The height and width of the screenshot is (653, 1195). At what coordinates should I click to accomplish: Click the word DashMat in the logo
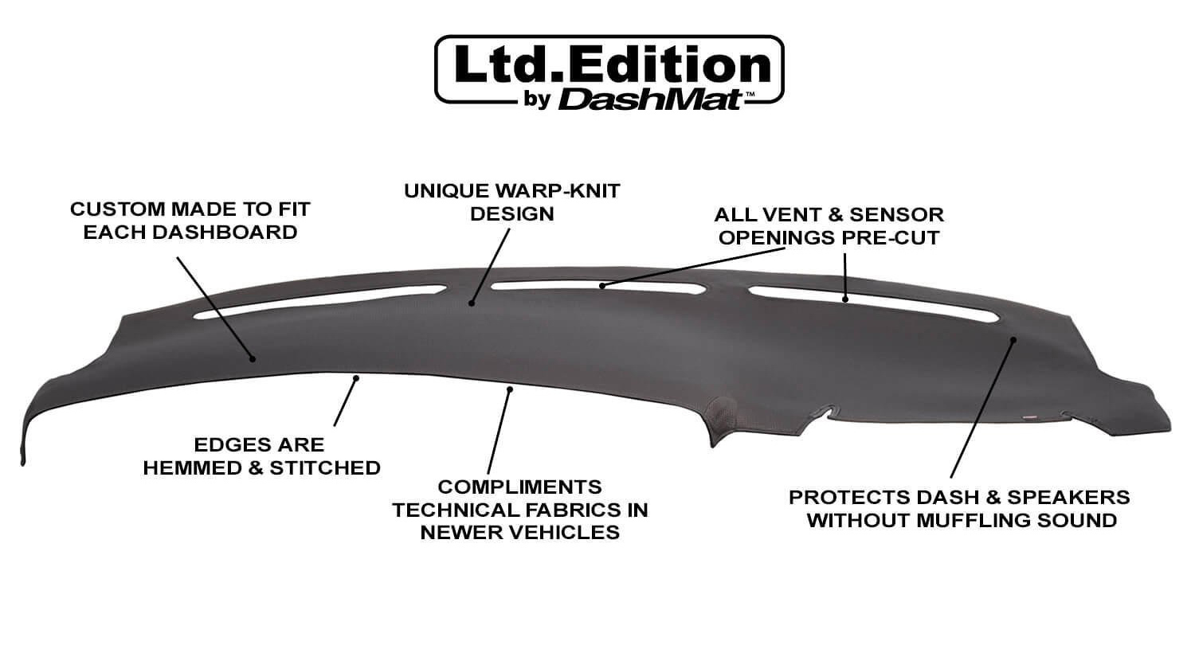[x=650, y=100]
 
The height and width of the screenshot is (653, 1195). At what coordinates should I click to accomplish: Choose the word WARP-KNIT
[x=558, y=191]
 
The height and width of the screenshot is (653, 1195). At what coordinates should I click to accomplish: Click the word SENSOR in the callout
[x=896, y=214]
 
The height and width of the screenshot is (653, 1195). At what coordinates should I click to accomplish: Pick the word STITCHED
[x=325, y=468]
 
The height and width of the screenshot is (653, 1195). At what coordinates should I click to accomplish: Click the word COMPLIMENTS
[x=519, y=487]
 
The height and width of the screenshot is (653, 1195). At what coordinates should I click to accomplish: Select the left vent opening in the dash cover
[x=320, y=302]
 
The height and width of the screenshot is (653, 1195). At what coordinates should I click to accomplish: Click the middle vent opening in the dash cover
[x=598, y=287]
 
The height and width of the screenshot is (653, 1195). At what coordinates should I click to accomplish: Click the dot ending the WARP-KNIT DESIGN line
[x=472, y=303]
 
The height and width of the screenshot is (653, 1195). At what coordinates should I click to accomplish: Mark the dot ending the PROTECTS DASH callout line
[x=1013, y=339]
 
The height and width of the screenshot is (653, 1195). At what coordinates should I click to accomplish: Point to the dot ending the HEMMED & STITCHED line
[x=356, y=378]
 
